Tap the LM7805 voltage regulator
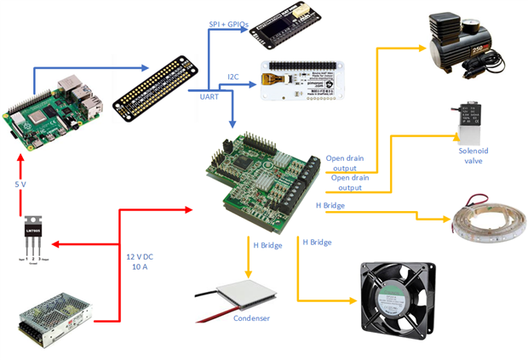(x=34, y=237)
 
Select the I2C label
(x=232, y=77)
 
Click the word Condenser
(x=252, y=319)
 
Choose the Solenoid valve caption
(x=473, y=156)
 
